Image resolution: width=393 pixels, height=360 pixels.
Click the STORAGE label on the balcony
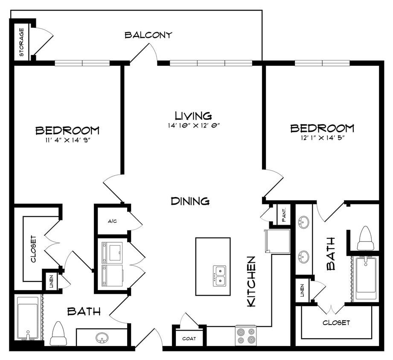point(21,43)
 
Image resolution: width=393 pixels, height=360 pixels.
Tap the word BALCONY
point(148,35)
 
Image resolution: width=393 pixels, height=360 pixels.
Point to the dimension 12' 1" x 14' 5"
point(322,137)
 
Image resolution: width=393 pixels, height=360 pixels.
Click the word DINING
point(190,201)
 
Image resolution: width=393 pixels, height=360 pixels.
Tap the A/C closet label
point(112,221)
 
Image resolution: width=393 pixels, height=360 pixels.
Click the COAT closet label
point(189,339)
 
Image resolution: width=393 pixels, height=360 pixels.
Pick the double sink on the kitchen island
point(220,276)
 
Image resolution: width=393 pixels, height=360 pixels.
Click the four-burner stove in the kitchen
point(245,336)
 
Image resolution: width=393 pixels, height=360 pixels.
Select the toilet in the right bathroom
point(365,238)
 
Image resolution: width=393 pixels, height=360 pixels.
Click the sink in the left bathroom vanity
point(102,338)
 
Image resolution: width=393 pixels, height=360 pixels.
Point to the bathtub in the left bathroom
point(28,318)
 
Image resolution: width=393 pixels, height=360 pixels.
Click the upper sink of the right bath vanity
point(304,223)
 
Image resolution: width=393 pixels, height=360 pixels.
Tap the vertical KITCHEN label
point(252,281)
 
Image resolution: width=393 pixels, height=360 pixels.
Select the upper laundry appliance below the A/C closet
point(112,252)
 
